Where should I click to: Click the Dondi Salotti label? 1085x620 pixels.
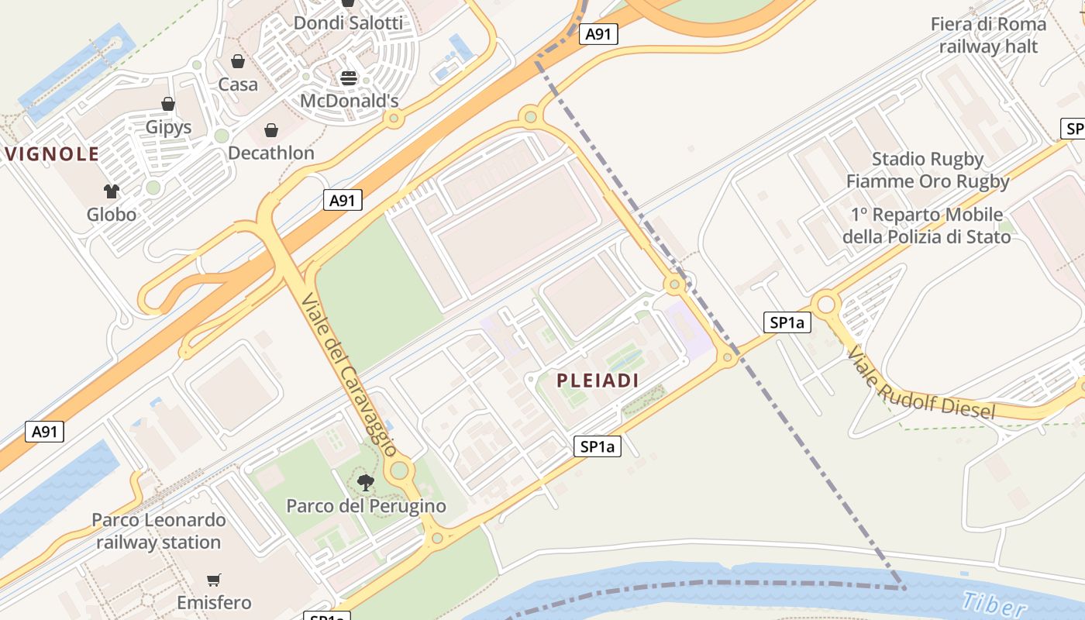348,23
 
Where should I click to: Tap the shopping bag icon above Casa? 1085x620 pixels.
238,61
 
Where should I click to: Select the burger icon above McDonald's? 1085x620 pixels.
349,78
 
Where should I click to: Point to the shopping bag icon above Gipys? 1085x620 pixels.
168,104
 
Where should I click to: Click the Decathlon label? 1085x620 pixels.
271,153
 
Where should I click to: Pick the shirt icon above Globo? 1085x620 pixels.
112,191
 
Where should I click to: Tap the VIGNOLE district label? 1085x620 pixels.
53,154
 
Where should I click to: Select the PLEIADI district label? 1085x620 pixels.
598,381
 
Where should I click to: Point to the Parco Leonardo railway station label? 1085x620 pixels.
158,531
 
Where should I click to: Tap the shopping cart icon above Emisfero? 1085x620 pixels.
214,580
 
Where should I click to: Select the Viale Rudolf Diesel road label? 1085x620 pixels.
920,384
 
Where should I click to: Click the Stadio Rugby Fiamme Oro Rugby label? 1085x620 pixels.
928,170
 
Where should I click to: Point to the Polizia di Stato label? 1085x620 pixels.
926,226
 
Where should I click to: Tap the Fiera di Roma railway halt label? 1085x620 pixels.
988,35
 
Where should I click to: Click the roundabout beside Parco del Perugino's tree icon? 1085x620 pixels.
400,470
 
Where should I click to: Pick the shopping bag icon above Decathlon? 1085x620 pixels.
271,130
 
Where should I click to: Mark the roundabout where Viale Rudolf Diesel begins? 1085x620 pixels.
826,304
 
